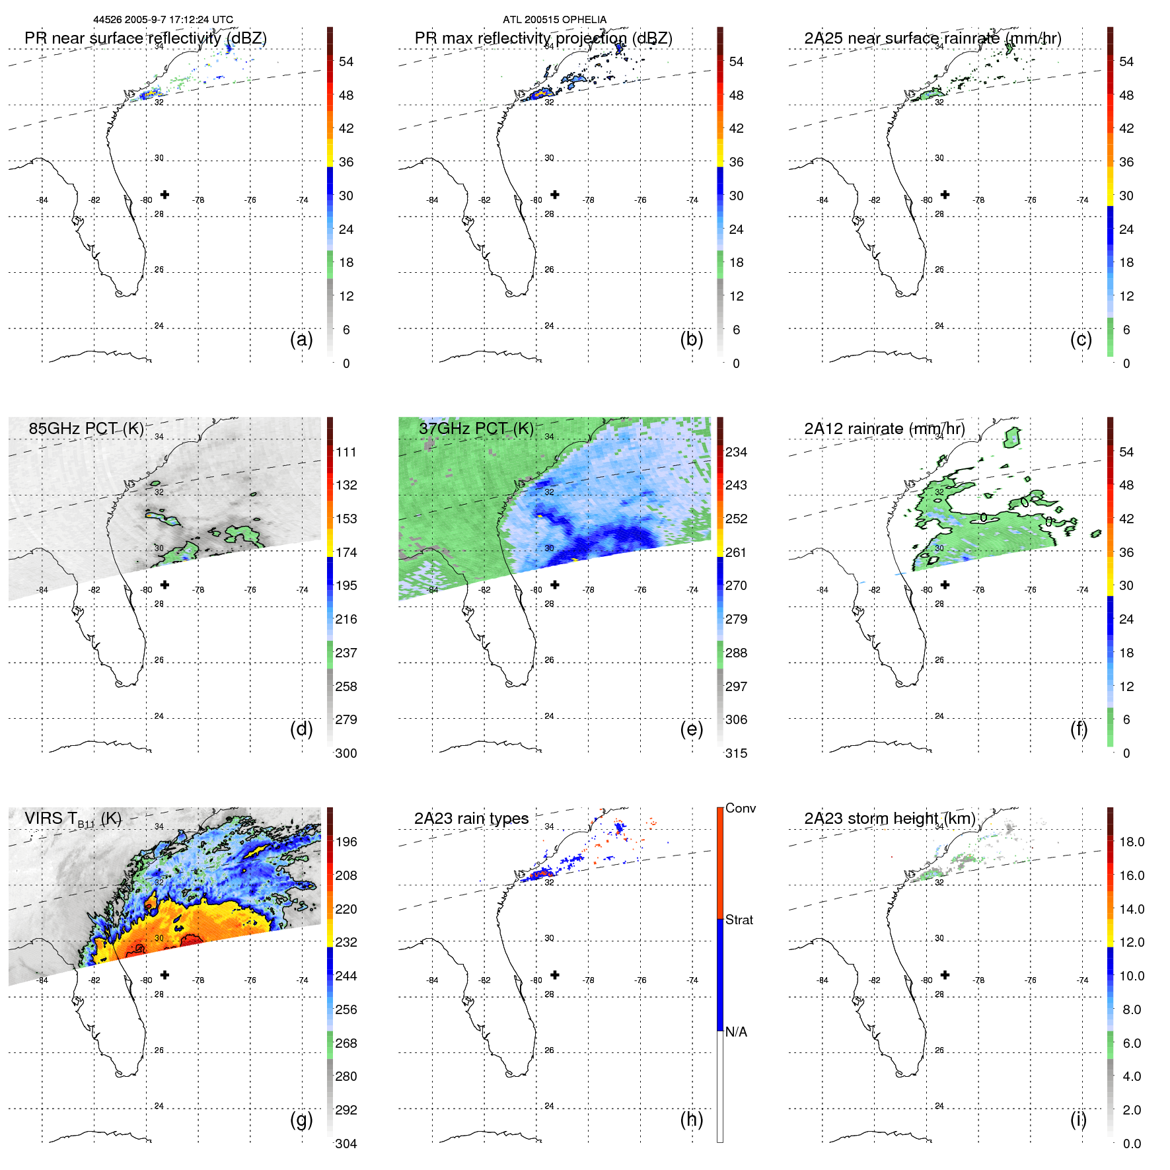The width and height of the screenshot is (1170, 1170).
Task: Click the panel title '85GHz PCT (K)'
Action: (86, 429)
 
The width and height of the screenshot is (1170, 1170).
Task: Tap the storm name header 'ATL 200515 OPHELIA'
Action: (554, 20)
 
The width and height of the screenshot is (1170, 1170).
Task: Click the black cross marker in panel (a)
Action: (165, 194)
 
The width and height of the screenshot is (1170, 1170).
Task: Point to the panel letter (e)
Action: (691, 729)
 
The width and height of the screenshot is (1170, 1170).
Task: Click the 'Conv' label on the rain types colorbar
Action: (740, 808)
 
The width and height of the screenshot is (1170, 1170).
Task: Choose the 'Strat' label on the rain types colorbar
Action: (739, 920)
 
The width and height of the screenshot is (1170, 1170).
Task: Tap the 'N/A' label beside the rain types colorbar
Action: (736, 1032)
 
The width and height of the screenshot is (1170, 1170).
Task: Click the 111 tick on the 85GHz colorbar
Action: (346, 452)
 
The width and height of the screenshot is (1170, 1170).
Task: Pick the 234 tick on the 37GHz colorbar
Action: (736, 452)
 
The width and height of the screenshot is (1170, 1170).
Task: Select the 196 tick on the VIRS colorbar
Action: (346, 842)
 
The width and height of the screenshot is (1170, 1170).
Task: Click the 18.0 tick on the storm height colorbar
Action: (1131, 842)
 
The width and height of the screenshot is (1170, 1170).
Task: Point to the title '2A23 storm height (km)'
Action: (889, 819)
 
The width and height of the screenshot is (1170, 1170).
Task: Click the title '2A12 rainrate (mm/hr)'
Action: (884, 429)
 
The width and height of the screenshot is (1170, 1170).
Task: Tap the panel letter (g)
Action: (301, 1119)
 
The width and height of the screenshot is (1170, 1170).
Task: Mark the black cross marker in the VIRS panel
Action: (165, 974)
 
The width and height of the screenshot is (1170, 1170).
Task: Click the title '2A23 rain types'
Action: (471, 819)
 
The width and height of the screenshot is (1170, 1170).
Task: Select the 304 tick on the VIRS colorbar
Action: (346, 1144)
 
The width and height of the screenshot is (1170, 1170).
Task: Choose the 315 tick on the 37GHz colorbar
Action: (736, 753)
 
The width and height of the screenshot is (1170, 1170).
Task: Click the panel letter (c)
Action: (1081, 339)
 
